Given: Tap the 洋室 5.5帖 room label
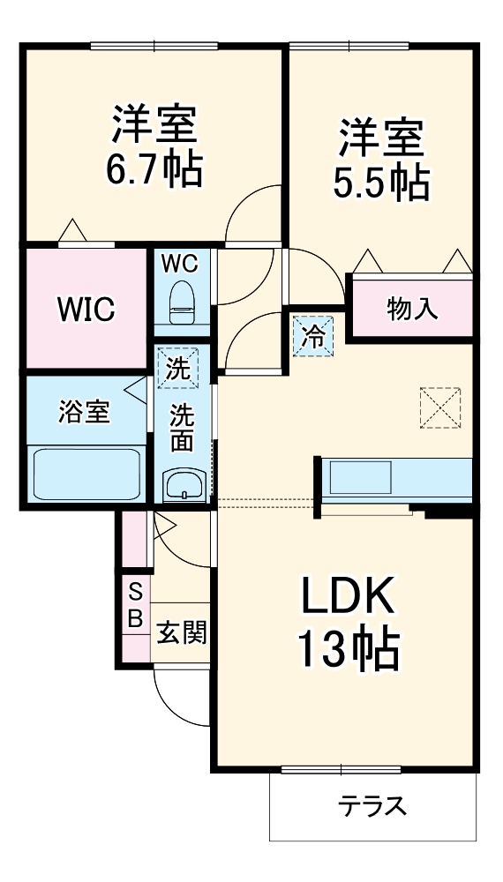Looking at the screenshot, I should point(381,159).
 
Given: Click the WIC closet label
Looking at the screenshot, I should point(86,309).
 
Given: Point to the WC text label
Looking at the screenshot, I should point(180,262).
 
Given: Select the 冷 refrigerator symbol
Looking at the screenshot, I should point(313,335).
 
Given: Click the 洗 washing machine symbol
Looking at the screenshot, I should point(179,368).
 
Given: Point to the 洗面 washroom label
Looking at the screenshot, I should point(182,428).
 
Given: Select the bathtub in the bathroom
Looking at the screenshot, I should point(86,474).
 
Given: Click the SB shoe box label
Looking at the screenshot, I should point(136,603).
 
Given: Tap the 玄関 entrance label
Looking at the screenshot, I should point(182,632).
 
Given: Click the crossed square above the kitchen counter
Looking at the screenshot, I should point(440,407).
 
